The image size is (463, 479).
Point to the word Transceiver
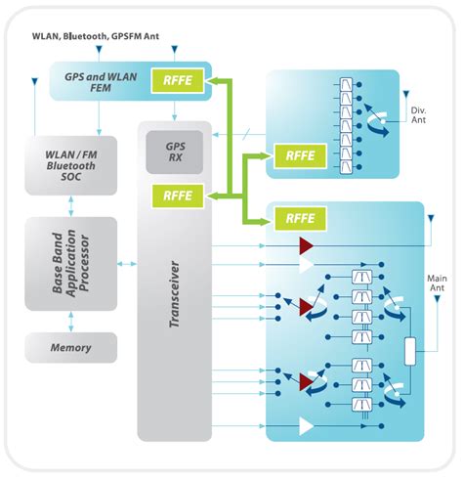pos(174,313)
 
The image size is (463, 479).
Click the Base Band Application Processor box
pos(70,263)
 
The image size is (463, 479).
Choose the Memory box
pos(70,347)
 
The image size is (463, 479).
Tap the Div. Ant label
pos(417,104)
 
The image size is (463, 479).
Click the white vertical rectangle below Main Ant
pos(411,350)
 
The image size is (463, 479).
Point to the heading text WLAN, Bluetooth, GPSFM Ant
pos(105,37)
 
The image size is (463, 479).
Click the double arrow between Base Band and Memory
pos(71,322)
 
